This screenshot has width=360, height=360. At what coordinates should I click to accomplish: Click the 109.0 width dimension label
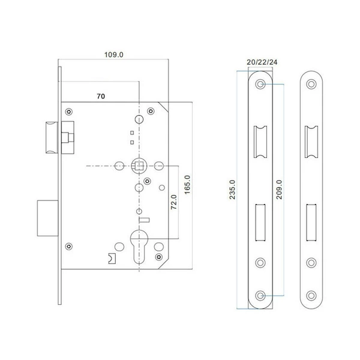click(x=113, y=55)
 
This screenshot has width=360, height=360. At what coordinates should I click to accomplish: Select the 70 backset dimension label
click(x=101, y=96)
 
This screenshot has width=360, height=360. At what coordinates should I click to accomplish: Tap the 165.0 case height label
click(x=188, y=185)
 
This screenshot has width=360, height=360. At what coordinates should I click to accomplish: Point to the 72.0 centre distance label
click(x=174, y=202)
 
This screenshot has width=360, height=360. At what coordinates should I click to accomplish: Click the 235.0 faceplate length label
click(x=232, y=190)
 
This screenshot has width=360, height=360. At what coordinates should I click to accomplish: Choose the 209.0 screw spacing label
click(x=279, y=190)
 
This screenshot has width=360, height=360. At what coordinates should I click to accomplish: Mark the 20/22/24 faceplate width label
click(x=262, y=62)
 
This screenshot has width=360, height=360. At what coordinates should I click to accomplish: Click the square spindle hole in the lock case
click(x=139, y=166)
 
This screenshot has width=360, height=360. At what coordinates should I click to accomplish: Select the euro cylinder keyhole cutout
click(x=139, y=247)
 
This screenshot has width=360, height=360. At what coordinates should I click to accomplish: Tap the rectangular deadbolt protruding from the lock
click(x=48, y=218)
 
